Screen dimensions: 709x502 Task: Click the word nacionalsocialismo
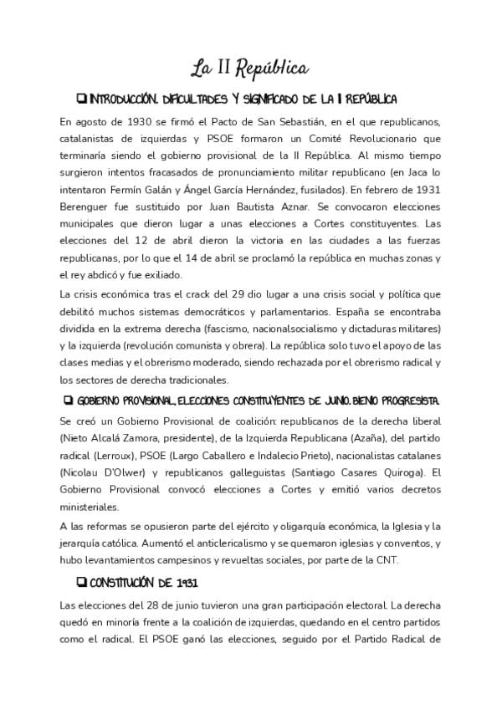278,328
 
